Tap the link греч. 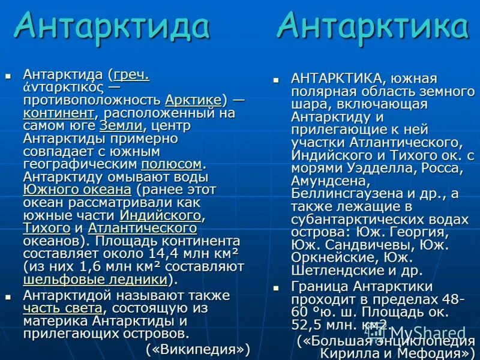point(131,75)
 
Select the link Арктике point(193,100)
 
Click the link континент point(59,113)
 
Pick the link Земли point(121,126)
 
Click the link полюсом point(172,164)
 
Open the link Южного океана point(77,190)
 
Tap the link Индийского point(160,215)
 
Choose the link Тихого point(47,228)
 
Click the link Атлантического point(142,228)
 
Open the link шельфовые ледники point(95,279)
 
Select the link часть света point(62,308)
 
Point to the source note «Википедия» point(197,349)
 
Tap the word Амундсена point(329,181)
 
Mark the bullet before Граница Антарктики point(277,287)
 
